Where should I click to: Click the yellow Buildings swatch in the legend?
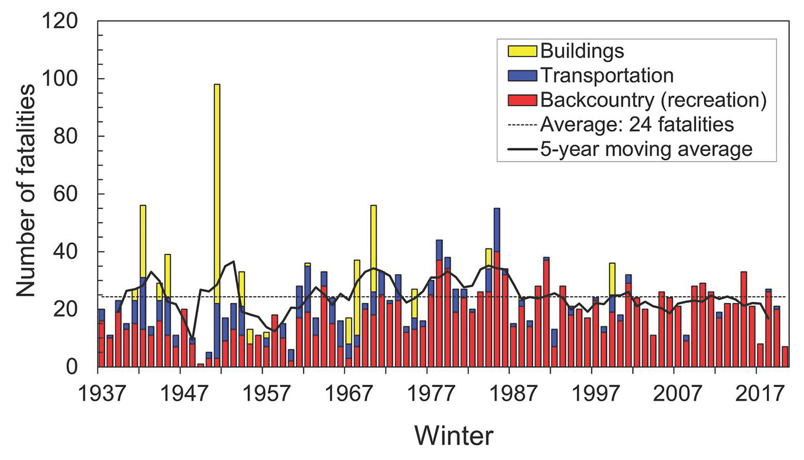click(x=522, y=51)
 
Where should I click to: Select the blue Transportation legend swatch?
click(x=522, y=75)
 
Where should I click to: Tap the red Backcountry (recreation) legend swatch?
click(x=522, y=100)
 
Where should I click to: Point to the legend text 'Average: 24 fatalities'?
click(x=636, y=125)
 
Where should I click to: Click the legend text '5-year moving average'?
click(x=646, y=149)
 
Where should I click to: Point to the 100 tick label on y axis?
click(x=60, y=78)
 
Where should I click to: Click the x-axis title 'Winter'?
click(x=454, y=435)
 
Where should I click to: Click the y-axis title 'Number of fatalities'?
click(x=25, y=190)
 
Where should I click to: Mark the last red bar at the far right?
click(x=785, y=357)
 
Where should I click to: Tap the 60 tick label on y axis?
click(x=65, y=194)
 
